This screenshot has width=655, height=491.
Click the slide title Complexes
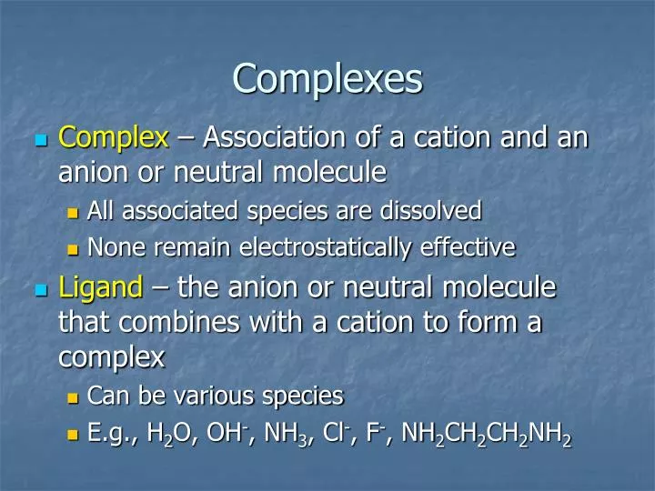[x=327, y=78]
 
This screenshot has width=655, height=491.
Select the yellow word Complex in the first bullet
[x=114, y=138]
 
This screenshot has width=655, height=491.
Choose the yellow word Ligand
[x=101, y=288]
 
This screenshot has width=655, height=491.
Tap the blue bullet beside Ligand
[x=39, y=290]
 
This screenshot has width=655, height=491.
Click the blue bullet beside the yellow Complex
[x=39, y=140]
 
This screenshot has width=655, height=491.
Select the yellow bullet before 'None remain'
[x=75, y=248]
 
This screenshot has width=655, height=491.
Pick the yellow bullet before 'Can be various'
[x=75, y=397]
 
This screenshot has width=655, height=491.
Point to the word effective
[x=471, y=246]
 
